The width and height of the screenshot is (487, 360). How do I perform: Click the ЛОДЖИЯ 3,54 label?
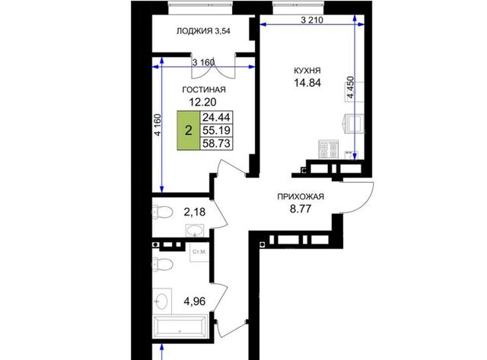point(203,31)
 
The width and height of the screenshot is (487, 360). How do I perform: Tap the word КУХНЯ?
point(307,71)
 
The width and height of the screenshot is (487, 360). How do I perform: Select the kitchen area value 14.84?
point(307,83)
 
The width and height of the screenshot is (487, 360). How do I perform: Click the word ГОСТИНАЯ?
point(204,90)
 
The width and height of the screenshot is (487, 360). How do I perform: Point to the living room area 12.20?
point(203,102)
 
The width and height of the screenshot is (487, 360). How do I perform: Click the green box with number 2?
point(189,130)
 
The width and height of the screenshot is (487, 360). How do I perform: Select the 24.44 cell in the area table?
point(216,117)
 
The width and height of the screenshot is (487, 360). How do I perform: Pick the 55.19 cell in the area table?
point(216,130)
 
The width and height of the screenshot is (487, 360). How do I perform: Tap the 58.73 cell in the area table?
point(216,144)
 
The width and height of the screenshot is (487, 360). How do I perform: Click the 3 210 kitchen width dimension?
point(312,21)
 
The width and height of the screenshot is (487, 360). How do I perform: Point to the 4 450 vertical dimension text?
point(350,88)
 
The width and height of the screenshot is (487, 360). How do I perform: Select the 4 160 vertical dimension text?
point(158,125)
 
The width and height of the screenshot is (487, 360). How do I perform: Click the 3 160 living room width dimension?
point(203,62)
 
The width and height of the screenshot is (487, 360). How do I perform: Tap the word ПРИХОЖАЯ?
point(301,196)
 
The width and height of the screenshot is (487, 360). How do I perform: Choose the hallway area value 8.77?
point(301,209)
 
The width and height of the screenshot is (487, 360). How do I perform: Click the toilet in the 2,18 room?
point(162,212)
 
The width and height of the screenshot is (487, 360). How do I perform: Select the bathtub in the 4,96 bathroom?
point(180,327)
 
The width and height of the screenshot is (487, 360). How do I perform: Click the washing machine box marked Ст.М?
point(199,252)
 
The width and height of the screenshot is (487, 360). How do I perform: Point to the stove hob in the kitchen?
point(329,149)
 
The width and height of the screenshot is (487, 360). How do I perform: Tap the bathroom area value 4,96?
point(195,301)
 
